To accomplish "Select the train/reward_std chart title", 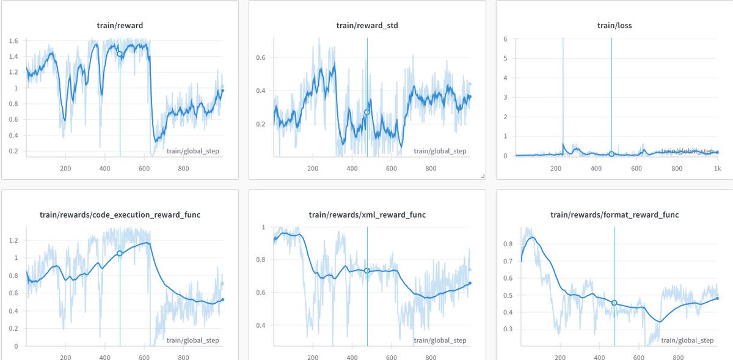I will click(366, 25).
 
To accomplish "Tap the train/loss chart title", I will click(614, 25).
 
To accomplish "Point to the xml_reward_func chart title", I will click(366, 215).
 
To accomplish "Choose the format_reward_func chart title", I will click(614, 215).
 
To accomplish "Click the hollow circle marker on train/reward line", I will click(120, 54).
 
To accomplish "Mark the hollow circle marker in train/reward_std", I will click(367, 112).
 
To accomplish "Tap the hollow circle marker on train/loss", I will click(611, 154).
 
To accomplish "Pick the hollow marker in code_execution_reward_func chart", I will click(120, 253).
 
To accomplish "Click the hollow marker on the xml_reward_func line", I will click(367, 271).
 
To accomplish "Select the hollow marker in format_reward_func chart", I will click(614, 303).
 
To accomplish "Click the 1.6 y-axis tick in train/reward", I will click(13, 41).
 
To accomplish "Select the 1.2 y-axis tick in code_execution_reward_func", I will click(13, 241).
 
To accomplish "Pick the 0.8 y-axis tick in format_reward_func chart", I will click(506, 244).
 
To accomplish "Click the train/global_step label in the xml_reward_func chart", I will click(440, 340).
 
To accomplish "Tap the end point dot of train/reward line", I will click(223, 90).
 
